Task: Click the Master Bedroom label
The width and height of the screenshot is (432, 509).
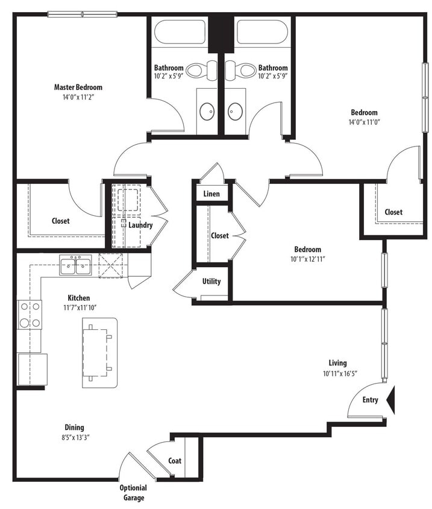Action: [x=78, y=87]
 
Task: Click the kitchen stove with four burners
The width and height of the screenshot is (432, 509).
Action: [x=30, y=314]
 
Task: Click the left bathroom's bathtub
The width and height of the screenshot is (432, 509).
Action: [x=180, y=32]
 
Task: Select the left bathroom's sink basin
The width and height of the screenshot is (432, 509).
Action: [x=207, y=111]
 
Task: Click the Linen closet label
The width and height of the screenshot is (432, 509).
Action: [x=211, y=194]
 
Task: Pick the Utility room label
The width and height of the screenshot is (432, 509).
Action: [x=211, y=281]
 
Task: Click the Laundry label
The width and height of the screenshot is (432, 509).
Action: [x=140, y=225]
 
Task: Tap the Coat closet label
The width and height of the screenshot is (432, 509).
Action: [x=175, y=461]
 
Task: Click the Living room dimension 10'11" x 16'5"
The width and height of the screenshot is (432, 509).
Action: [x=339, y=373]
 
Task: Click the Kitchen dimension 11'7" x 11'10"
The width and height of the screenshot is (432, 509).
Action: [x=79, y=308]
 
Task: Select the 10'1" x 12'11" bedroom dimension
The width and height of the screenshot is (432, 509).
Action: [x=307, y=260]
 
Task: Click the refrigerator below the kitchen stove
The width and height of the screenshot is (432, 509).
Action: [x=33, y=368]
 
